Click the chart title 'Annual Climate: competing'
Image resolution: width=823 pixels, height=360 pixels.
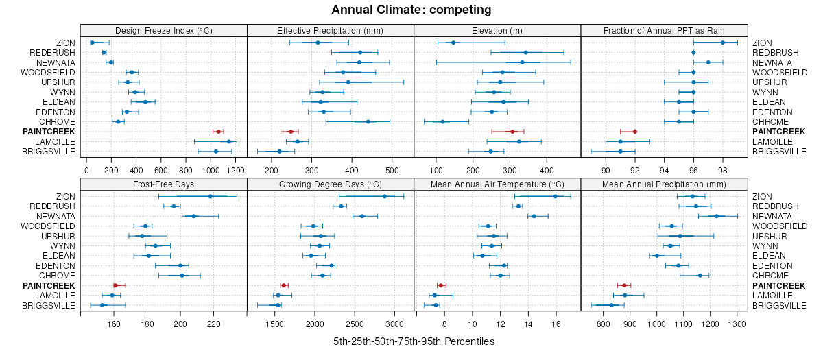pos(411,10)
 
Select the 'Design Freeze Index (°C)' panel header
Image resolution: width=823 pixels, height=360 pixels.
pos(163,30)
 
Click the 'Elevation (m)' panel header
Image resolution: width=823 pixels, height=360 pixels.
pos(497,30)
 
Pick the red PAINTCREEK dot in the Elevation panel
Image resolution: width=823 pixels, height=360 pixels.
pos(512,131)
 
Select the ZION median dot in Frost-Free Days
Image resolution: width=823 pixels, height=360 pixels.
pos(210,196)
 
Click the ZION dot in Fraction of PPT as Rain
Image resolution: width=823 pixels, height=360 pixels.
pos(723,43)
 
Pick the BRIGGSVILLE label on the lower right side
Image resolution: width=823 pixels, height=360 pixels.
pos(778,305)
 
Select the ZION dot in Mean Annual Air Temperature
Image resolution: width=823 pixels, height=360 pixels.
pos(555,196)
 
